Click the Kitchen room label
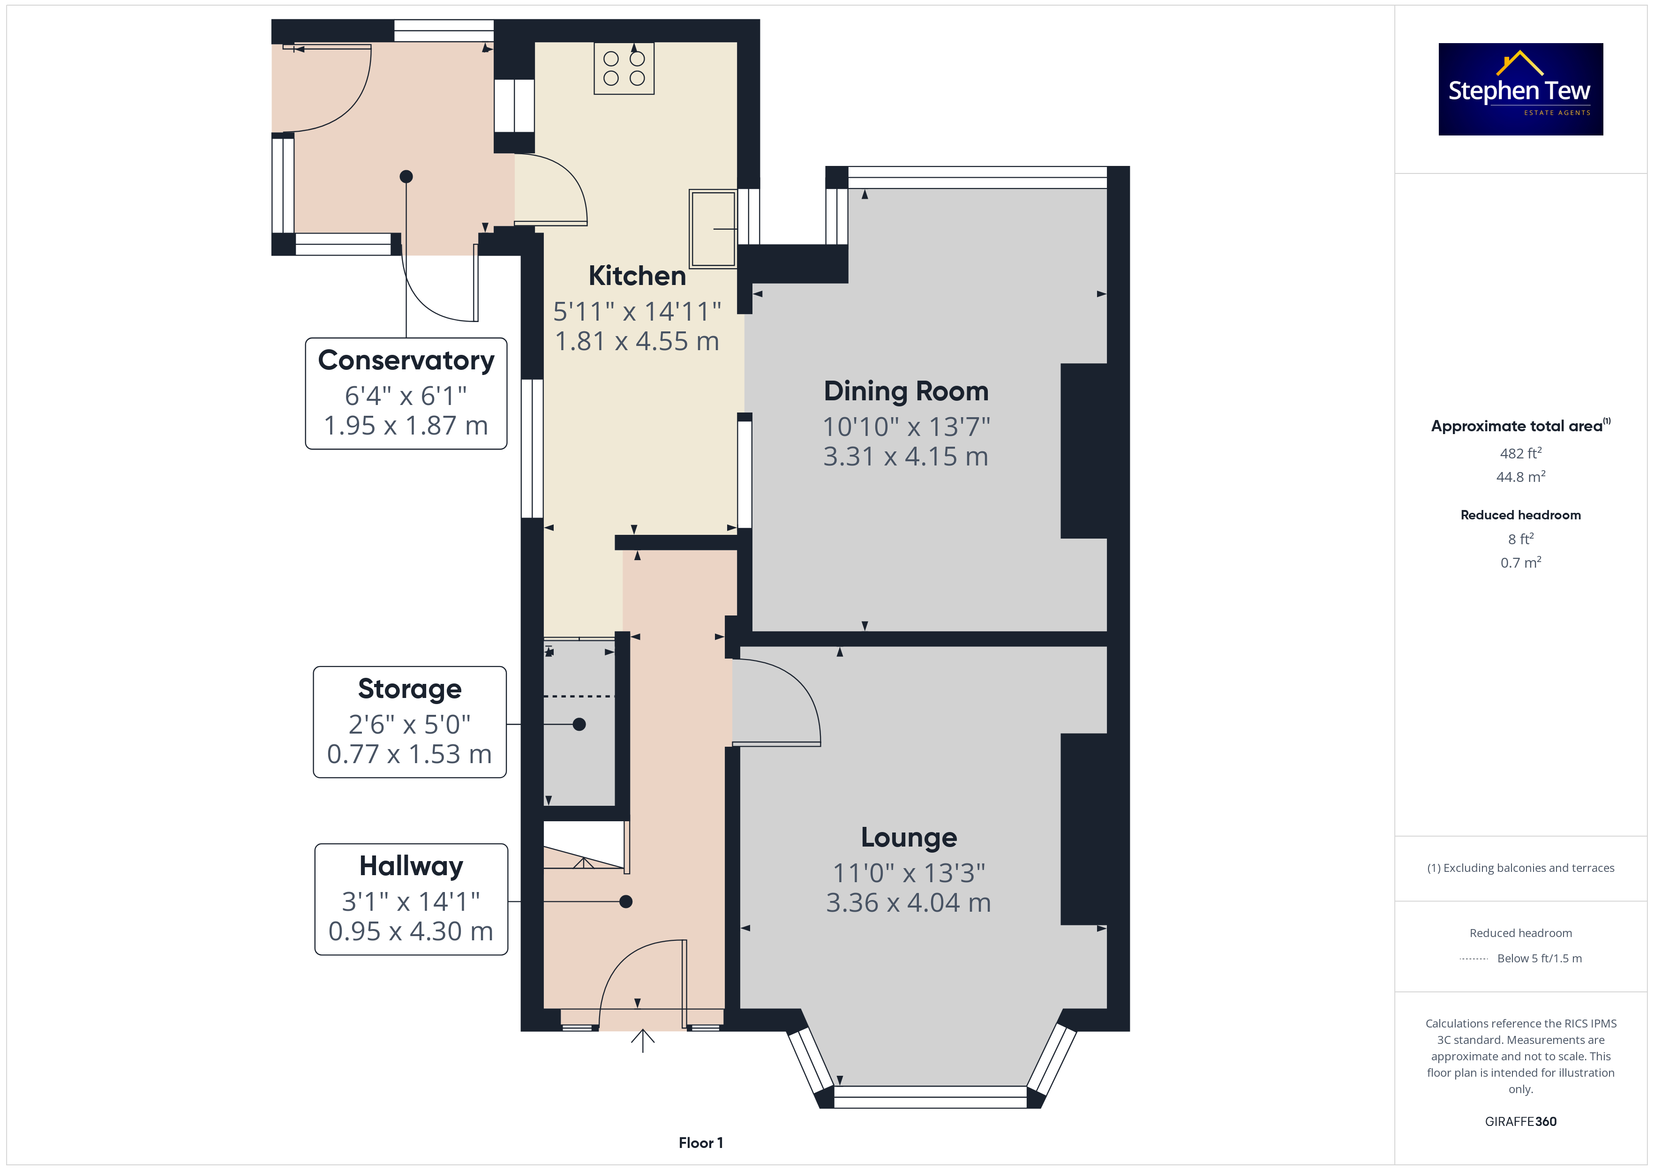[637, 276]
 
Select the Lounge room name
[909, 838]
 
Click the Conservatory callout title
[406, 360]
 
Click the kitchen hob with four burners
[624, 68]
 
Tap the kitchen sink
[713, 228]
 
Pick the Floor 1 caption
[700, 1143]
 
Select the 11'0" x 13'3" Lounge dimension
[909, 873]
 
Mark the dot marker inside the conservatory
[406, 177]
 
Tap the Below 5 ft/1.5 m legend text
[1540, 958]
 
